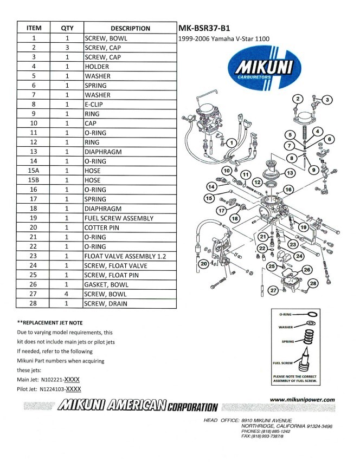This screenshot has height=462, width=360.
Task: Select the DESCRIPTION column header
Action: click(130, 28)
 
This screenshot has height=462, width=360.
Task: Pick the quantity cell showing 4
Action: click(67, 294)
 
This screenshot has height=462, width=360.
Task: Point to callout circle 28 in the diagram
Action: click(312, 283)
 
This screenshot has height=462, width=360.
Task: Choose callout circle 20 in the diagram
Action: click(203, 264)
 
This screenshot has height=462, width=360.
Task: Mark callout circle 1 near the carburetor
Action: click(231, 142)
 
